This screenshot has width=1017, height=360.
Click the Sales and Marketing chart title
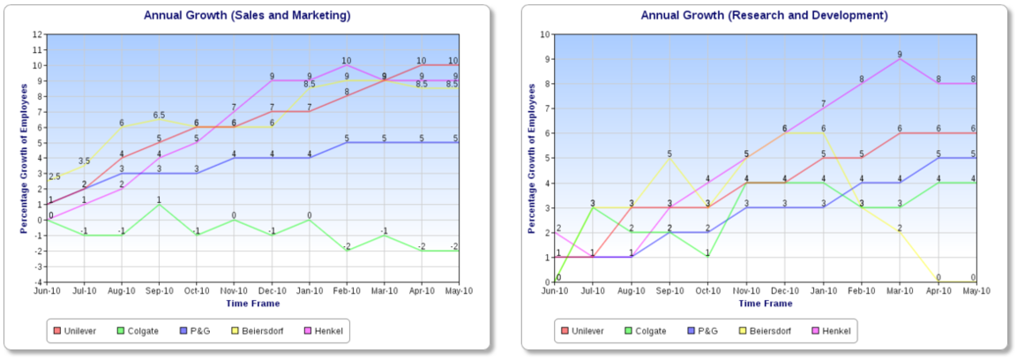(x=247, y=16)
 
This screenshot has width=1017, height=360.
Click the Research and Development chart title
(x=764, y=16)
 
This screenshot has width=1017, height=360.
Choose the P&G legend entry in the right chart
(x=702, y=331)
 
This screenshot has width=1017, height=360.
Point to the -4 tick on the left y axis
(x=37, y=281)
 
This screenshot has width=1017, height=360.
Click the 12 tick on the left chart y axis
(x=37, y=34)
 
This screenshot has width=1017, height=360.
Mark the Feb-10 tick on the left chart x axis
(x=348, y=290)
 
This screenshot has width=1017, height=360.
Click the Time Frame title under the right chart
(x=766, y=304)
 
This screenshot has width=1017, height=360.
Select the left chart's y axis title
(x=26, y=158)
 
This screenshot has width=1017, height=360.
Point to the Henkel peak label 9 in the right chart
(x=899, y=53)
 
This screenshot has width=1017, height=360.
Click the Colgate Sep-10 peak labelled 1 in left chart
(x=159, y=198)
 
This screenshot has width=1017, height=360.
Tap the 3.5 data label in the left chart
(x=84, y=161)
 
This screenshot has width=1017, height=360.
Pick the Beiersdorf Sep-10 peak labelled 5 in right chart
(x=669, y=153)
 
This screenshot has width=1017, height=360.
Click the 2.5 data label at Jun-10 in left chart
(x=55, y=176)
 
